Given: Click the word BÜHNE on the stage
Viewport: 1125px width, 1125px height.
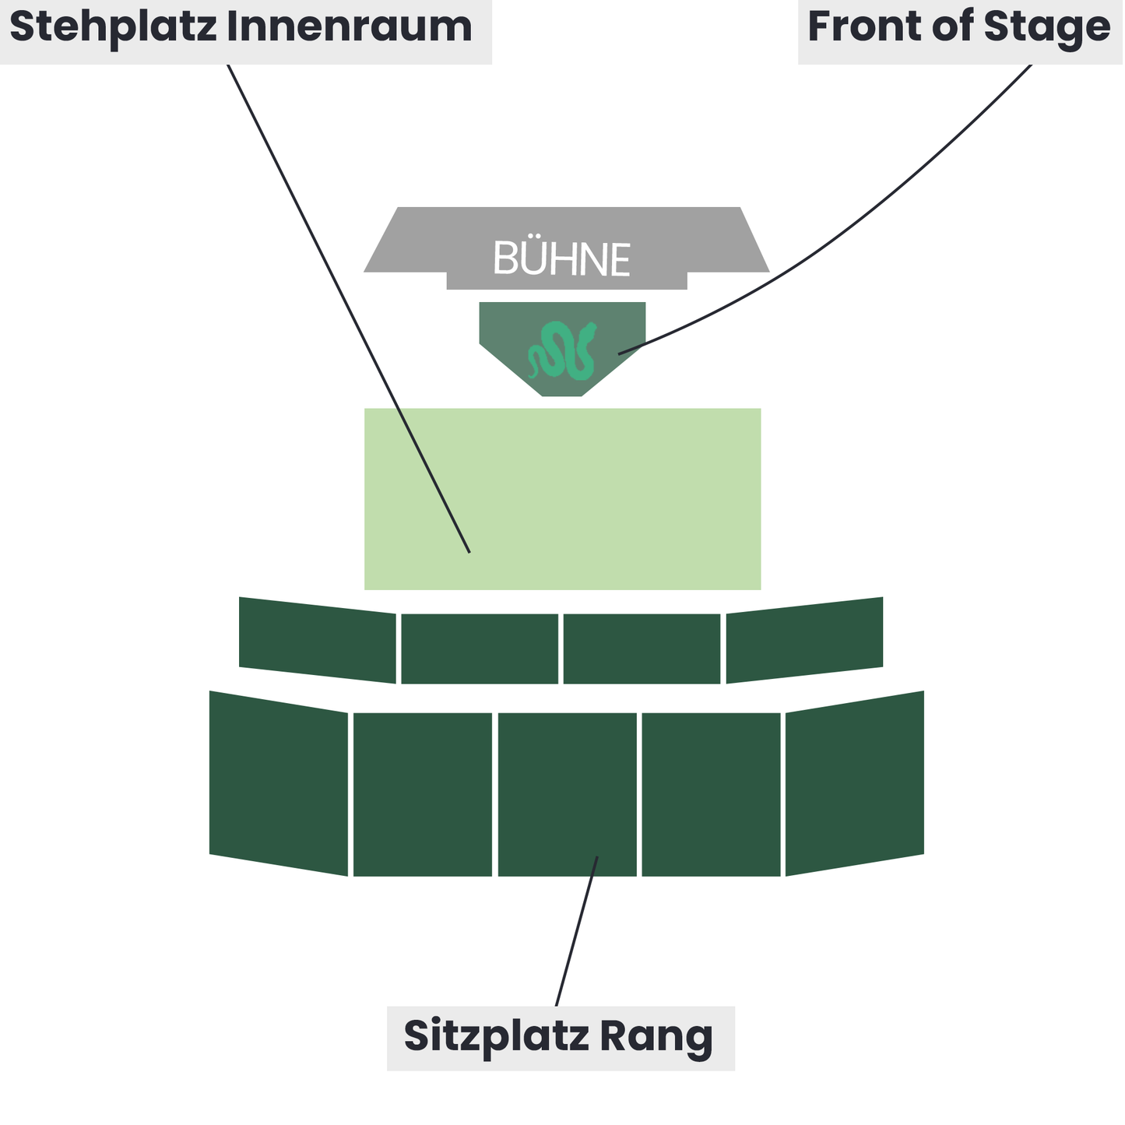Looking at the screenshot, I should [x=561, y=259].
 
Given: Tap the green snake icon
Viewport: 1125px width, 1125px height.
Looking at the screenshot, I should [x=562, y=350].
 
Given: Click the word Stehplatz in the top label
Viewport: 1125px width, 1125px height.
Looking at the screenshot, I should [x=113, y=27].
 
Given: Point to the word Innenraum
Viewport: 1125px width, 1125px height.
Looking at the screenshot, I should [x=350, y=27].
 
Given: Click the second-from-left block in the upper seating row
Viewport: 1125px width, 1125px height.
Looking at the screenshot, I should [x=479, y=649].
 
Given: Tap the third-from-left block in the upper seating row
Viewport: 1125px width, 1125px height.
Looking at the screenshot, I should [x=642, y=649].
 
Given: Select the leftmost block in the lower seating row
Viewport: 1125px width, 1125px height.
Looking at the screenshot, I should [x=279, y=783].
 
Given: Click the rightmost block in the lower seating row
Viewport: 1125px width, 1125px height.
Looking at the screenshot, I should [x=855, y=783].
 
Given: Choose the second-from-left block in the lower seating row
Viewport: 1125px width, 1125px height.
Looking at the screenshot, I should [x=423, y=794].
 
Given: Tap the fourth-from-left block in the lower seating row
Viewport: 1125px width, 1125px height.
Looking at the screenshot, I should [x=711, y=794].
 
